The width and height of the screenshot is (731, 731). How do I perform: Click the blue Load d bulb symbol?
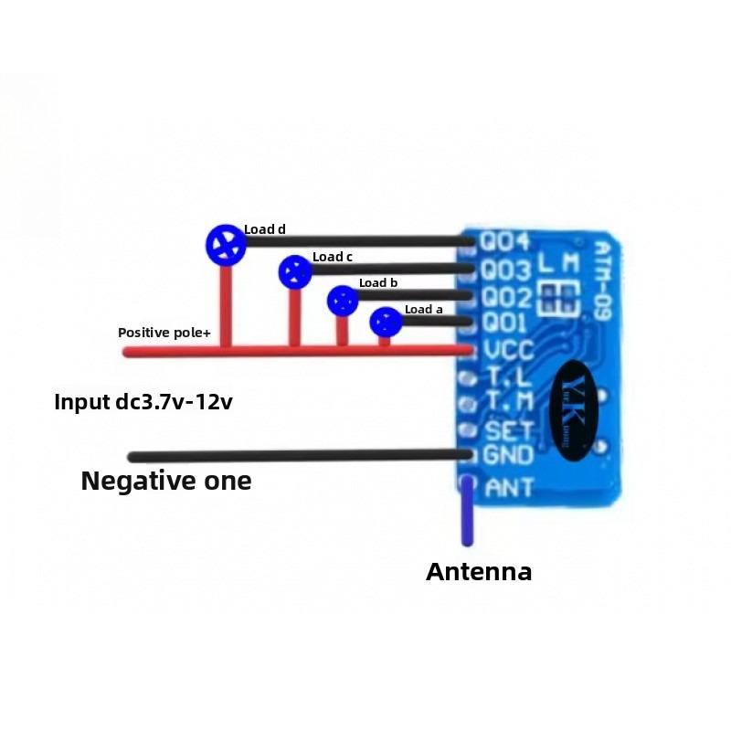(x=225, y=244)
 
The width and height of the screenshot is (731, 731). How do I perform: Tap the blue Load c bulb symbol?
(x=295, y=271)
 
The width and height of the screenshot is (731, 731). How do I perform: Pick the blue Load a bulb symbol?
(x=386, y=322)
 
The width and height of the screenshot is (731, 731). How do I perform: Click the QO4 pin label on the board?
(x=506, y=242)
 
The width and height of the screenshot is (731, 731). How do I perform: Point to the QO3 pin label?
(x=506, y=270)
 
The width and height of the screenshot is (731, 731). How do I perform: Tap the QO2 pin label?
(x=506, y=298)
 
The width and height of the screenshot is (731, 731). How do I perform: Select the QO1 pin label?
(x=505, y=323)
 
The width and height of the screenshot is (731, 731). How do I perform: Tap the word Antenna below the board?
(x=479, y=572)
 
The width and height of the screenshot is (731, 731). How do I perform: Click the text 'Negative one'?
(x=166, y=481)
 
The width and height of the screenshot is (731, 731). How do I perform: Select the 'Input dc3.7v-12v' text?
(x=143, y=401)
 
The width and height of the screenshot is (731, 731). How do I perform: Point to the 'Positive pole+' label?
(x=164, y=333)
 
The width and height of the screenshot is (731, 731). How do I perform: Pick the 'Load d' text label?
(x=265, y=229)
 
